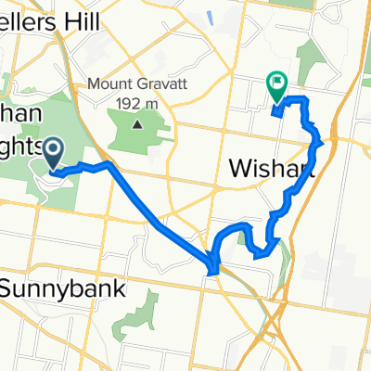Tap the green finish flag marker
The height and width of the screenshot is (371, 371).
276,86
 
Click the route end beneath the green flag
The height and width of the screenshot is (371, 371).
276,113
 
